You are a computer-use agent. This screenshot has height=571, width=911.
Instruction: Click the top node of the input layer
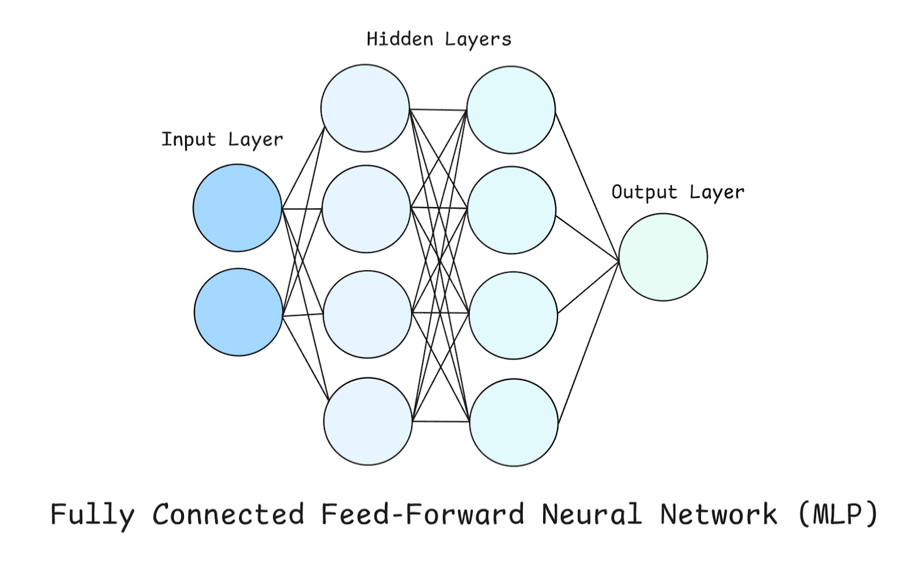coord(237,208)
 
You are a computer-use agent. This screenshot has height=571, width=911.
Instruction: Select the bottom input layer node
coord(239,312)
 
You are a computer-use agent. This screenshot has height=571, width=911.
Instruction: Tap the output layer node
coord(663,257)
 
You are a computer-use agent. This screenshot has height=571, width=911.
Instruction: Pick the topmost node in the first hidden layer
coord(365,108)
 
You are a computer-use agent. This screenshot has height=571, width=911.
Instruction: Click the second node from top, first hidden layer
coord(366,209)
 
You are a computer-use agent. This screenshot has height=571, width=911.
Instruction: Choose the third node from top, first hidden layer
coord(367,315)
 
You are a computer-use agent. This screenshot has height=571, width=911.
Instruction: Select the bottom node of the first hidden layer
coord(368,421)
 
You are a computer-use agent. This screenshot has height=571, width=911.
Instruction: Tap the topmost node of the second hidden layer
coord(511,110)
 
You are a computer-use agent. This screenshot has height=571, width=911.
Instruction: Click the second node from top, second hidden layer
coord(511,210)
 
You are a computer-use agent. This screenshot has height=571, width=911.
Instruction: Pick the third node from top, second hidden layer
coord(512,316)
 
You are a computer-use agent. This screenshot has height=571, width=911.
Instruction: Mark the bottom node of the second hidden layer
coord(514,423)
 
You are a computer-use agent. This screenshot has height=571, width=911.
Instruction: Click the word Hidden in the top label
coord(399,39)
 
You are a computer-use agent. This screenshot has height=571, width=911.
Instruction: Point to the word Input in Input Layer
coord(188,139)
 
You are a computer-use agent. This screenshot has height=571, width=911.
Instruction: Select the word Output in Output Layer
coord(644,192)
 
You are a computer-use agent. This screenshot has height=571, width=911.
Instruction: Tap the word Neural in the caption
coord(592,514)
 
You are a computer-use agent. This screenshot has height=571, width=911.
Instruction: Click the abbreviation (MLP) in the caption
coord(838,514)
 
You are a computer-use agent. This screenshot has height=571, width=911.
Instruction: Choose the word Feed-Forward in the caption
coord(422,514)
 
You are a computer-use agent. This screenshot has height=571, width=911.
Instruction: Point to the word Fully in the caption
coord(92,514)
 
